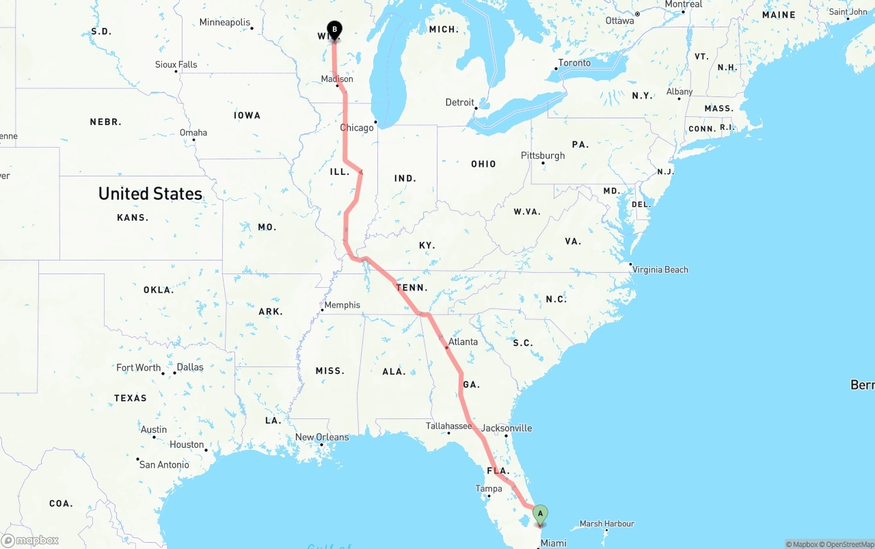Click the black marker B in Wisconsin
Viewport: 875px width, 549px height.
click(x=334, y=30)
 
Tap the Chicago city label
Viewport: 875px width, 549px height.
click(x=357, y=128)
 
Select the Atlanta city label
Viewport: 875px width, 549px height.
click(x=463, y=342)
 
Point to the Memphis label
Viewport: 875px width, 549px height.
click(x=342, y=305)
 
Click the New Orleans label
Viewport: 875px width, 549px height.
click(x=321, y=438)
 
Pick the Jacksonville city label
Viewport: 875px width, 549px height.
click(x=507, y=428)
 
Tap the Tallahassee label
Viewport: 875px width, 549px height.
click(x=448, y=426)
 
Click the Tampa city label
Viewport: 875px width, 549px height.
click(x=489, y=489)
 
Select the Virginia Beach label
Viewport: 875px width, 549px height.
click(x=660, y=269)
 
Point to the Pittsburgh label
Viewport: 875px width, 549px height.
click(x=543, y=155)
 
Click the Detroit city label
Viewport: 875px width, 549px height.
click(x=459, y=103)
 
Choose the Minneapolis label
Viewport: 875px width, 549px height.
click(x=225, y=23)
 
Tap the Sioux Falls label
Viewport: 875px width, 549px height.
click(x=176, y=64)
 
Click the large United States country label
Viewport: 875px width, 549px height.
click(x=150, y=193)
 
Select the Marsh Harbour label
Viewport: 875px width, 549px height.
click(x=606, y=524)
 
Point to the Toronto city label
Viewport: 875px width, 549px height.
click(x=574, y=63)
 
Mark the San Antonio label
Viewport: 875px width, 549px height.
click(x=164, y=465)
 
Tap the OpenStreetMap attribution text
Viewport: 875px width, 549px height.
click(x=848, y=544)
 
